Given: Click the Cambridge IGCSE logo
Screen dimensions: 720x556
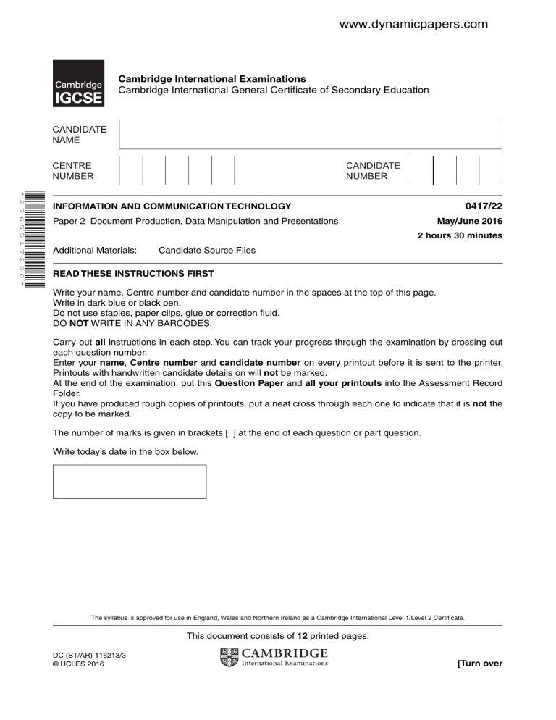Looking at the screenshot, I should [77, 84].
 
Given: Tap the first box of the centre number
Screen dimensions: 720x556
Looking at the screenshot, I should [131, 170].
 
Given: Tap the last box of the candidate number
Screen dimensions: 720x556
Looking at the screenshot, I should [490, 170].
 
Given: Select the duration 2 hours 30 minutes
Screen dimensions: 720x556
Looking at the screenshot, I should [460, 235].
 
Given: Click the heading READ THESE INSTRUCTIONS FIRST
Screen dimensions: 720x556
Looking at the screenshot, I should [133, 274].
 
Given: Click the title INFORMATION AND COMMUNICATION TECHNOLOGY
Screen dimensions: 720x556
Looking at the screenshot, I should [172, 206].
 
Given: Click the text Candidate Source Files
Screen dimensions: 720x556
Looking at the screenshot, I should [206, 250].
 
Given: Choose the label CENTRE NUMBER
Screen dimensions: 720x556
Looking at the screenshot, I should [72, 170].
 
